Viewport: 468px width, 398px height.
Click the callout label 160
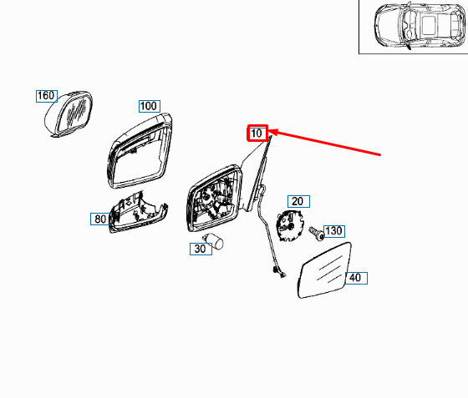point(47,96)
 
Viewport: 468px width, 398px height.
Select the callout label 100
point(150,106)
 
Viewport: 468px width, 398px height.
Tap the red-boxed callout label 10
point(257,133)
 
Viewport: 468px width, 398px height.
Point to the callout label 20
point(298,202)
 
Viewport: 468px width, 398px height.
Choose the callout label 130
point(334,231)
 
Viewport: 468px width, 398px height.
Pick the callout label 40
point(356,278)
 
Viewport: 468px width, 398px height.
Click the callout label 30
point(201,249)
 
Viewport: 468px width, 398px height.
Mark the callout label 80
point(101,219)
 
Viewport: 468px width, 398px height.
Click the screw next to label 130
point(317,233)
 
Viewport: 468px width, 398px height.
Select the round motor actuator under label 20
point(289,225)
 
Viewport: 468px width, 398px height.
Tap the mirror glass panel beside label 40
point(324,270)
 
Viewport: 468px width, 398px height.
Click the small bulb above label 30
point(213,240)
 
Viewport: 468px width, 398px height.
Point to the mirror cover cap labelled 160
point(69,114)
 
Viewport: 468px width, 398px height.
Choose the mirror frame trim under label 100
point(140,151)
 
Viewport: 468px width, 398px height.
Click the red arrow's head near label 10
point(273,132)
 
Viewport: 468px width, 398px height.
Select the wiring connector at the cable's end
point(278,272)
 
